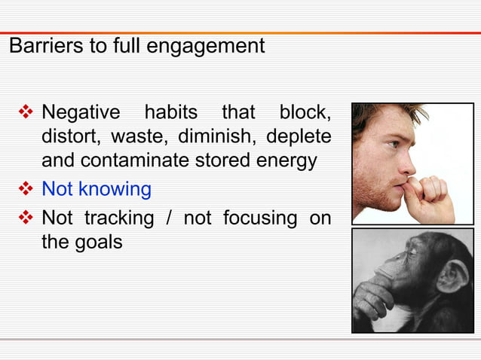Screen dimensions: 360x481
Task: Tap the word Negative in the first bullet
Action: click(x=80, y=113)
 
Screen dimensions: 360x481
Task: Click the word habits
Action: click(x=170, y=113)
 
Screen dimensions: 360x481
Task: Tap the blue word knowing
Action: click(x=117, y=189)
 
